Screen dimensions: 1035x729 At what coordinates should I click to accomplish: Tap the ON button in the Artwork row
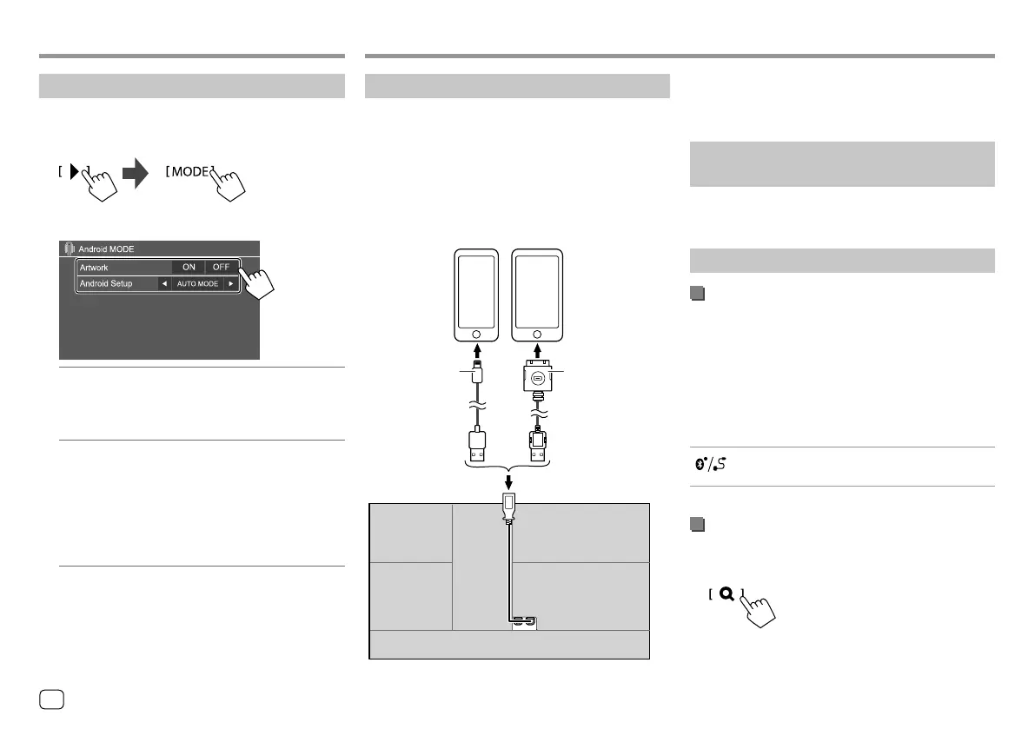coord(189,268)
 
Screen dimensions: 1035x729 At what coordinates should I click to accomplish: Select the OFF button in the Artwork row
coord(221,268)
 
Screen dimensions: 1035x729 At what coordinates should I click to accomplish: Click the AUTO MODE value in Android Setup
coord(197,284)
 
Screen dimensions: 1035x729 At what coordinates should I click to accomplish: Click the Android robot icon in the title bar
coord(70,249)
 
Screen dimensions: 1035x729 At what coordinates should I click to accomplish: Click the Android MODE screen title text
coord(107,249)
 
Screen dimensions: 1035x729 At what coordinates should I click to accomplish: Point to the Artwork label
coord(94,268)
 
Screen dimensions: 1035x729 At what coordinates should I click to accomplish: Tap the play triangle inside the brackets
coord(74,172)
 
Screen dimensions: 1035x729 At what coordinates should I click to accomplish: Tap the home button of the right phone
coord(534,334)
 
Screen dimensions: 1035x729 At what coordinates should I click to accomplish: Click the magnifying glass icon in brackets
coord(726,594)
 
